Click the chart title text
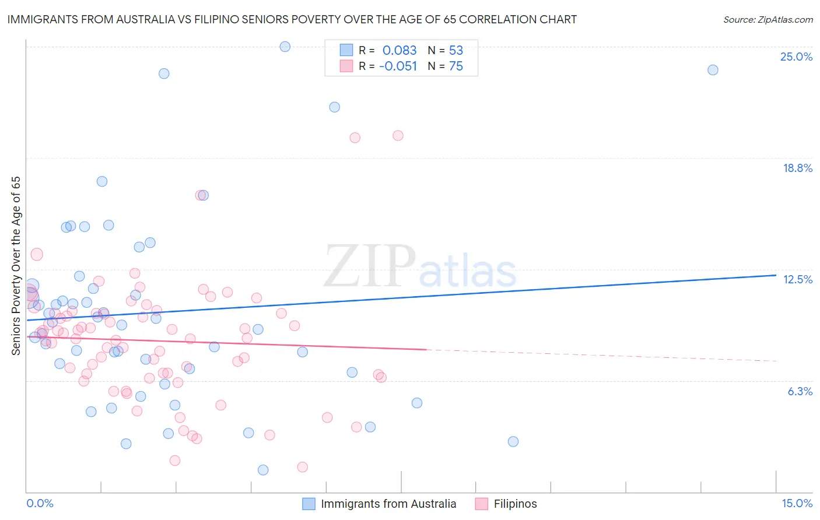click(x=292, y=20)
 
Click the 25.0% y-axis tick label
click(x=796, y=57)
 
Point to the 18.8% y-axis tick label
click(x=797, y=168)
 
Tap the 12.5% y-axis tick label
click(x=797, y=280)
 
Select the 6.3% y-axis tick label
click(x=800, y=392)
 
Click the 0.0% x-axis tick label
click(x=40, y=504)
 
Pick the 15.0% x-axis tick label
click(x=797, y=504)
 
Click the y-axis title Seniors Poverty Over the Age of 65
click(x=16, y=266)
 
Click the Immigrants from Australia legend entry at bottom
click(x=380, y=504)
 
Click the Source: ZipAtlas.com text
click(x=768, y=20)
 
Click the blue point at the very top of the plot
click(x=285, y=47)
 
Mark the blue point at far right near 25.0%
click(x=713, y=70)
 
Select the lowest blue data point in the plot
click(x=263, y=470)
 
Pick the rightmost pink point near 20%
click(x=398, y=136)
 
